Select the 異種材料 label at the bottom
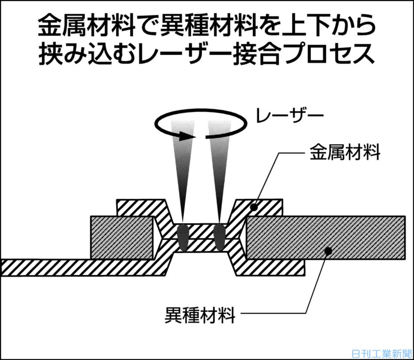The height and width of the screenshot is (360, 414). [200, 316]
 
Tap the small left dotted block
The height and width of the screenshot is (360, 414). [122, 238]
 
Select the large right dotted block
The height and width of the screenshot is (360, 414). [325, 238]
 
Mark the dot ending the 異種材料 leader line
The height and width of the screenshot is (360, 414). [327, 250]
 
